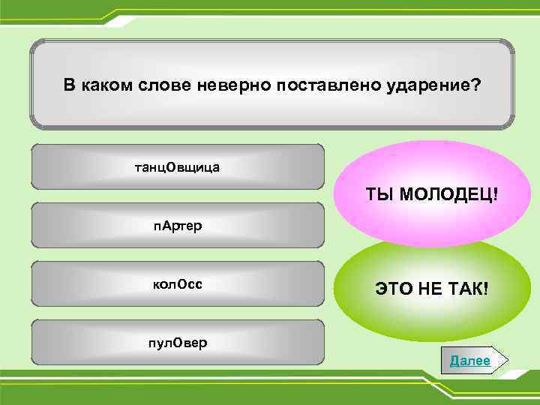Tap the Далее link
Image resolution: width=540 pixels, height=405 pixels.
point(469,361)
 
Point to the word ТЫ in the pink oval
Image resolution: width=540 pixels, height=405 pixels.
point(380,195)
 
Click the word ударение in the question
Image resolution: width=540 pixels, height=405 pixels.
point(431,85)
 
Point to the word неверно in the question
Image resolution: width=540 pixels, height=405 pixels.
point(236,85)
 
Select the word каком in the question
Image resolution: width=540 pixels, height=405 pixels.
point(108,85)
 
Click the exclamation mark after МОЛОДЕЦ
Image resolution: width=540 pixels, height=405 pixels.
point(495,195)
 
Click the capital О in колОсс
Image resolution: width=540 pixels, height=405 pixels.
point(179,285)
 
